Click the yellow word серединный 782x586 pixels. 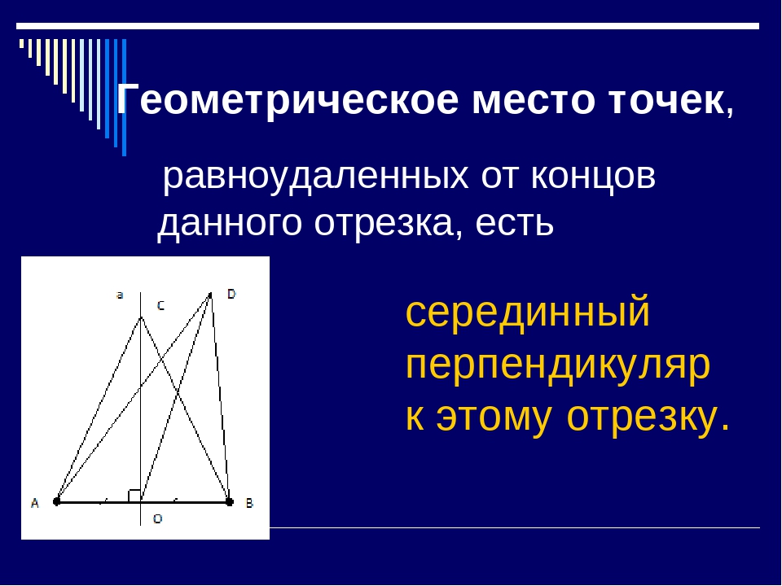point(528,312)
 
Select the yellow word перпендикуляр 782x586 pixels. point(558,365)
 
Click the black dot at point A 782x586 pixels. point(56,501)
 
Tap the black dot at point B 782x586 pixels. point(229,501)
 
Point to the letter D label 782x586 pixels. point(231,294)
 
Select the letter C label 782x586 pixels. point(160,306)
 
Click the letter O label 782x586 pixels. point(157,518)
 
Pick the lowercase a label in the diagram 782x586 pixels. point(120,295)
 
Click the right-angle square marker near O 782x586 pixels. point(134,495)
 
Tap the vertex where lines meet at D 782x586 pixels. point(211,294)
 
